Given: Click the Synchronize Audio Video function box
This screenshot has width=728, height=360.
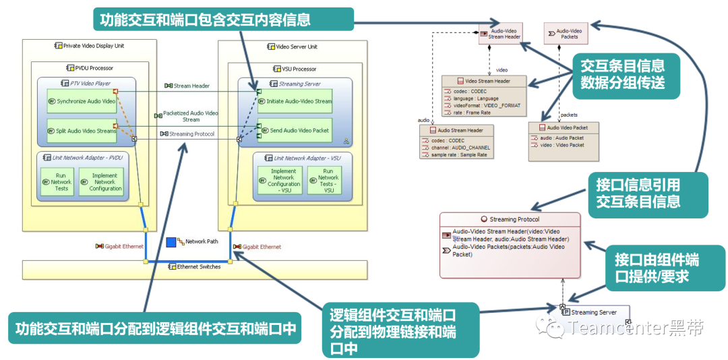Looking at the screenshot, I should click(x=81, y=100).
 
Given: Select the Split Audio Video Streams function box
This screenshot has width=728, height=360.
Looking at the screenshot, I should click(x=81, y=131).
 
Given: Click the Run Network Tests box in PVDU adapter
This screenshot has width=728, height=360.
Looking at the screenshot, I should click(x=61, y=181).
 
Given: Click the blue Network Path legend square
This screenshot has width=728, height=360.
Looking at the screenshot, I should click(x=171, y=241).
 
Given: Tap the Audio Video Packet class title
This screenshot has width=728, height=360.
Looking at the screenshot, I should click(x=563, y=127).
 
